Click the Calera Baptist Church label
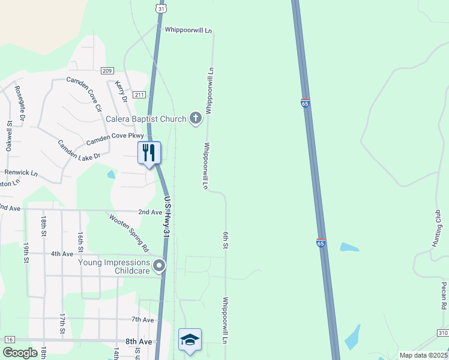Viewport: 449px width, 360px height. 146,119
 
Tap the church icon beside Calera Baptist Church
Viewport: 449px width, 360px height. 195,118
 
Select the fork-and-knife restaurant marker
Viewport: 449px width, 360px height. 149,153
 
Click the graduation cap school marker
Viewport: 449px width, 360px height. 190,339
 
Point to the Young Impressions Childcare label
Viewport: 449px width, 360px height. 114,266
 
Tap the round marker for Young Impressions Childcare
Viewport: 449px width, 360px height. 159,265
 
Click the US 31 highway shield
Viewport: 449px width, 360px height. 159,8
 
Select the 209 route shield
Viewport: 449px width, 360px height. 107,71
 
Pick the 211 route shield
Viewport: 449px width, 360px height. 139,95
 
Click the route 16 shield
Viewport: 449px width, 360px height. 9,340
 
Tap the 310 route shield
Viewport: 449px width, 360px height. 442,332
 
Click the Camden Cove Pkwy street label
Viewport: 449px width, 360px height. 115,139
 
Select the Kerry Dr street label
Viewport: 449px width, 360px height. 121,91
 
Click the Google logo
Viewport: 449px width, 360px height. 20,353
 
